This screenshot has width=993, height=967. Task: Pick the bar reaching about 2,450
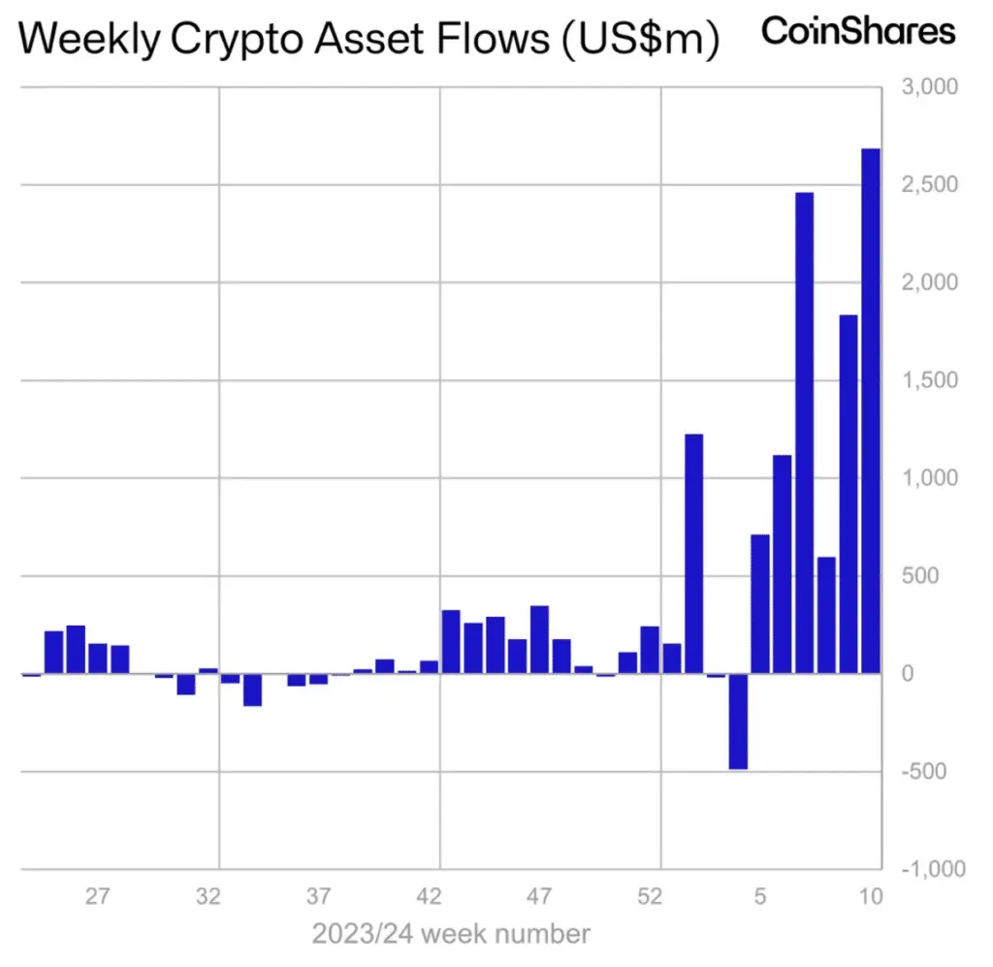(804, 433)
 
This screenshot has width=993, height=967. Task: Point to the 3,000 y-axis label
(930, 87)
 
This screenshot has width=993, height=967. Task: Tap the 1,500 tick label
(930, 380)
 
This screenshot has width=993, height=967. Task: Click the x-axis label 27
(97, 897)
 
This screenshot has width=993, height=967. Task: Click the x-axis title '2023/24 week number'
(451, 935)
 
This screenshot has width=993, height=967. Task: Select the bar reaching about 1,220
(693, 554)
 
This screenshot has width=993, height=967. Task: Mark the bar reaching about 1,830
(849, 494)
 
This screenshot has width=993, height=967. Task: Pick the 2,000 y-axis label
(930, 282)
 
